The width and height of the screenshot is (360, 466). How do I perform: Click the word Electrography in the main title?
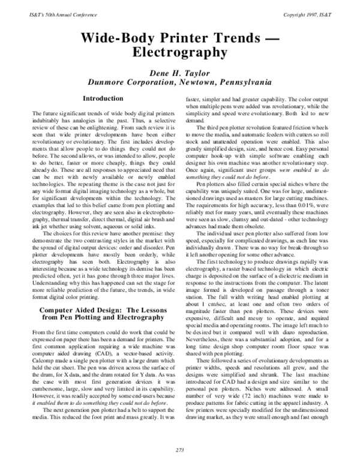pos(179,52)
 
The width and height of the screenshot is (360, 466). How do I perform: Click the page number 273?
pos(179,450)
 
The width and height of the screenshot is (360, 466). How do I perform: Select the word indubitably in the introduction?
pos(49,120)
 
